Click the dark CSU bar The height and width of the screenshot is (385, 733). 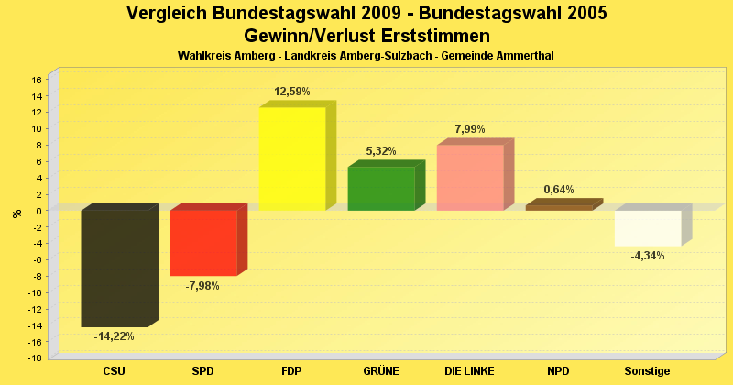(x=115, y=268)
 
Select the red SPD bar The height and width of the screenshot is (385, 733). (x=203, y=243)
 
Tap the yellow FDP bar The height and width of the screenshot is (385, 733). (x=292, y=159)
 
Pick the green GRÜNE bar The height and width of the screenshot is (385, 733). (x=381, y=189)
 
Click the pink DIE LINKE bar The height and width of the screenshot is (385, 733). (x=470, y=178)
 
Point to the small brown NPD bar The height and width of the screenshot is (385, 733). (x=559, y=207)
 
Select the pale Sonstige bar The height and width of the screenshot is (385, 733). (x=648, y=228)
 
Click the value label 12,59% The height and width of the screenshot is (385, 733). (x=292, y=92)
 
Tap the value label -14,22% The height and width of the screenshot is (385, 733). (x=115, y=336)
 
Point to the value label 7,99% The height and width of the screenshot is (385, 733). (x=470, y=129)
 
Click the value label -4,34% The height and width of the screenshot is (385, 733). (x=648, y=256)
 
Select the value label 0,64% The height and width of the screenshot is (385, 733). (x=559, y=190)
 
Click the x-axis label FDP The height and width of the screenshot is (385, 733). (x=292, y=371)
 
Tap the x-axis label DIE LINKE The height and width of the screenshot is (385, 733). (x=470, y=371)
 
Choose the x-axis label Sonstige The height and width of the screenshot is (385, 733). (x=648, y=371)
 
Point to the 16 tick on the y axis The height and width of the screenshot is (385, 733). (x=37, y=80)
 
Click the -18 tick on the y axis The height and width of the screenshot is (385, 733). (x=35, y=358)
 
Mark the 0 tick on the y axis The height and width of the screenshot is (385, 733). (x=39, y=211)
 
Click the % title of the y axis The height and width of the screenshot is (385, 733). (x=16, y=214)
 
